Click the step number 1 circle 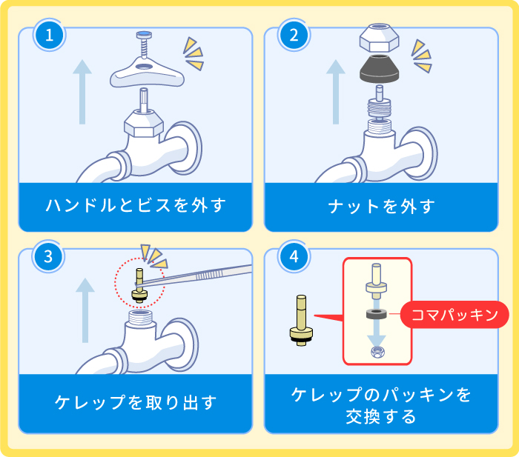[50, 35]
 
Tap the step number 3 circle [50, 257]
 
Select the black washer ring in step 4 [377, 315]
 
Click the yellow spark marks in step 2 [422, 56]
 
